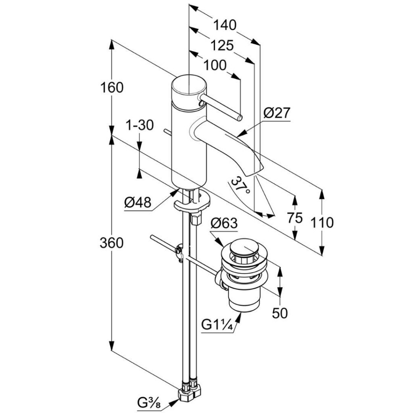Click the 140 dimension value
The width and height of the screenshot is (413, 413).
(225, 25)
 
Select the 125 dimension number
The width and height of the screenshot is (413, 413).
(221, 45)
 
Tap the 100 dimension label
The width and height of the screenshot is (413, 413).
(215, 65)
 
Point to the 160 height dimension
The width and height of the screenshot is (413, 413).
(112, 87)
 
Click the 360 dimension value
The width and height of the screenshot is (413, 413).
(112, 243)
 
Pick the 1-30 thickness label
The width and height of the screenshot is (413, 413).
(140, 125)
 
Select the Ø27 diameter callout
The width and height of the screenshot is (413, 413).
(277, 113)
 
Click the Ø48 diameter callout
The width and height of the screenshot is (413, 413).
(138, 203)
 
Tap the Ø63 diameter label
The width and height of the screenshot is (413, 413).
(224, 223)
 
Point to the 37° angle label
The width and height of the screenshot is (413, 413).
(240, 186)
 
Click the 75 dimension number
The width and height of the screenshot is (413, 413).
(295, 218)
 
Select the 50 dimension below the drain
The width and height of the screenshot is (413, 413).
(280, 313)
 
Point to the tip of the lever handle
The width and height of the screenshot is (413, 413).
(239, 118)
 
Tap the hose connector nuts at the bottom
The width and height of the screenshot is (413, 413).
(190, 392)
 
